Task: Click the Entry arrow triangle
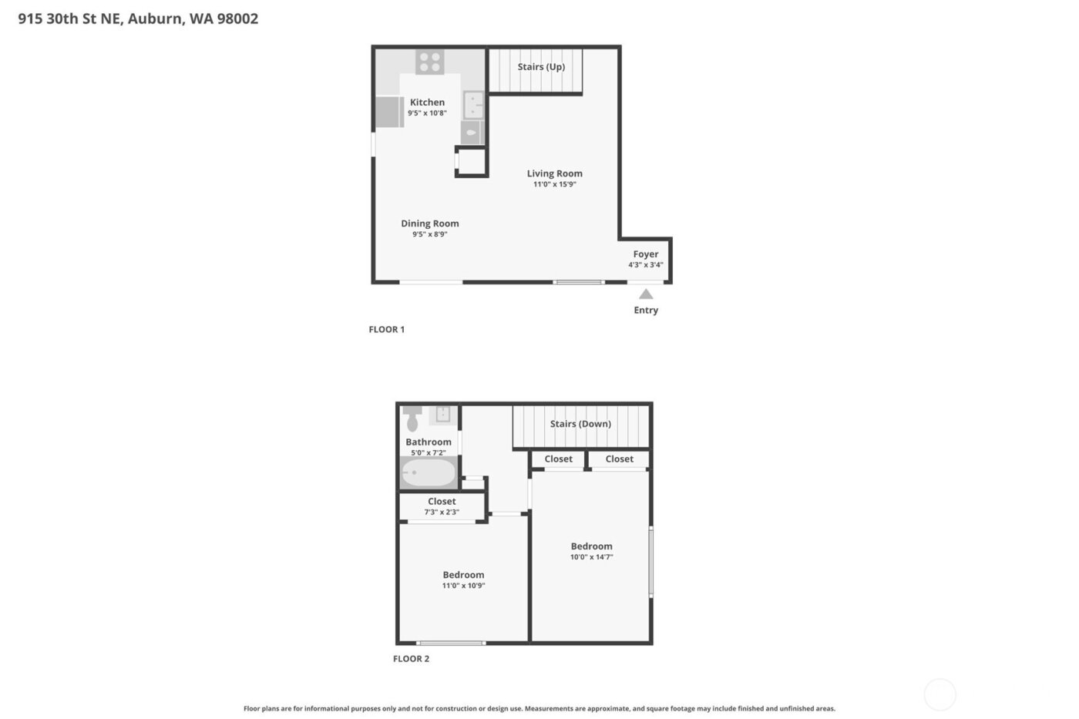646,294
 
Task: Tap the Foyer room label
646,254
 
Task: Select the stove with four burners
430,62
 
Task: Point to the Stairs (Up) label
541,67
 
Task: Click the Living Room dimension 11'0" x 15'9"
555,185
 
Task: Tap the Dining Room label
429,223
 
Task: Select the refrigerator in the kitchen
389,113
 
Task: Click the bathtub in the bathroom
429,472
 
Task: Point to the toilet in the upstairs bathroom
412,418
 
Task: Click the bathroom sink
443,415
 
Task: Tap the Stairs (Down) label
580,424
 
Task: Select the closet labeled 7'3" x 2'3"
442,506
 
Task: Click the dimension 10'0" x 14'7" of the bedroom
592,557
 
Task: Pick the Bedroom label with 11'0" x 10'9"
463,575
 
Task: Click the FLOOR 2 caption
411,659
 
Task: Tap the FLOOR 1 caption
386,330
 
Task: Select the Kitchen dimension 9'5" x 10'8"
427,113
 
